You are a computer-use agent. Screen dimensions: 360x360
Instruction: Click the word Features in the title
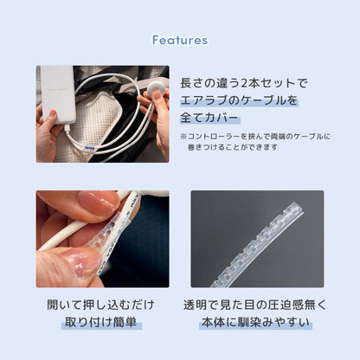179,40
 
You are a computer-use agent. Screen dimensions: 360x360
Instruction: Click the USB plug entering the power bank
63,133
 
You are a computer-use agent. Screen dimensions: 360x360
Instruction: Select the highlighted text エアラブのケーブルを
238,100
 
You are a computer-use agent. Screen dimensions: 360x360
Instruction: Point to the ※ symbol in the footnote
184,137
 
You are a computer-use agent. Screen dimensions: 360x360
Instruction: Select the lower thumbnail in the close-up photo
80,262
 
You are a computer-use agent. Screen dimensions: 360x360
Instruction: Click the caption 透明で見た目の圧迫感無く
257,305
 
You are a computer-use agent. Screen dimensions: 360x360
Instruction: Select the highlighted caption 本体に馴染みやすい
257,323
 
